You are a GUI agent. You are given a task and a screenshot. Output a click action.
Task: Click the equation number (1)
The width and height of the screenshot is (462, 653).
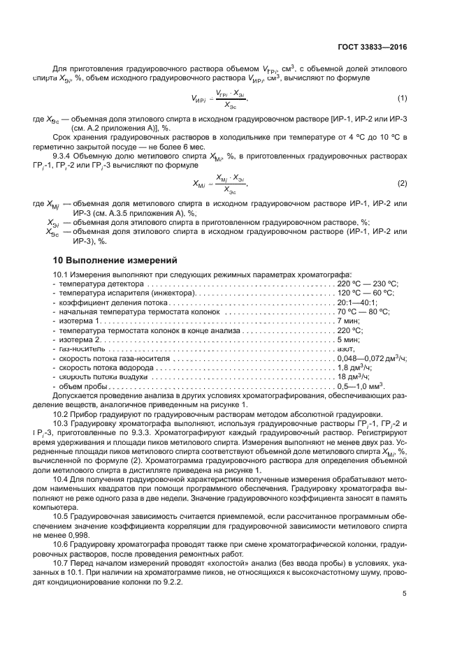pos(402,97)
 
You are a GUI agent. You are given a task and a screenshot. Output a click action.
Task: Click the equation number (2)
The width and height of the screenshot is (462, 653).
pos(402,184)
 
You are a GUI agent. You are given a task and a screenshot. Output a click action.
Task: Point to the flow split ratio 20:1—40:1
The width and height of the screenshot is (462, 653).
pos(357,302)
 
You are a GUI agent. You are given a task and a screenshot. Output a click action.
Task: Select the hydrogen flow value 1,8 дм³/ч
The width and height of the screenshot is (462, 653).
pos(356,367)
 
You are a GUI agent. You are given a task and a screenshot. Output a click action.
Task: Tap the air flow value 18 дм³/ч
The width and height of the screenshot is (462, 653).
pos(354,376)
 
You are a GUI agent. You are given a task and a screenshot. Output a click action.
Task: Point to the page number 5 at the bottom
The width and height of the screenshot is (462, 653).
pos(405,594)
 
